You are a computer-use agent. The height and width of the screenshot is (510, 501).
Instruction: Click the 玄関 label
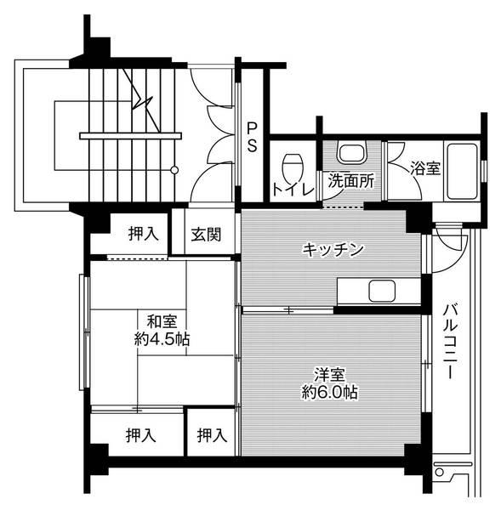click(206, 234)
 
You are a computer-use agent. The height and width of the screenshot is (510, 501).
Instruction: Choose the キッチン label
click(333, 249)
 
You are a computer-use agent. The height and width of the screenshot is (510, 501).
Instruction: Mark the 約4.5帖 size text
click(162, 338)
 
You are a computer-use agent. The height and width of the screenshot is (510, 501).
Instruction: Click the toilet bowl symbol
click(293, 161)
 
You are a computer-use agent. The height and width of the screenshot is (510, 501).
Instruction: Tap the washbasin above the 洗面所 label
click(350, 154)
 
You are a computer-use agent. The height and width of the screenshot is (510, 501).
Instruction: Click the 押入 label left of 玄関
click(142, 234)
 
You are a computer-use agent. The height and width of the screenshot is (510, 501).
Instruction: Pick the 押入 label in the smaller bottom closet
click(211, 435)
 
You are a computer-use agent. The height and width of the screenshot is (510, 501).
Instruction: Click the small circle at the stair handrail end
click(174, 169)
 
